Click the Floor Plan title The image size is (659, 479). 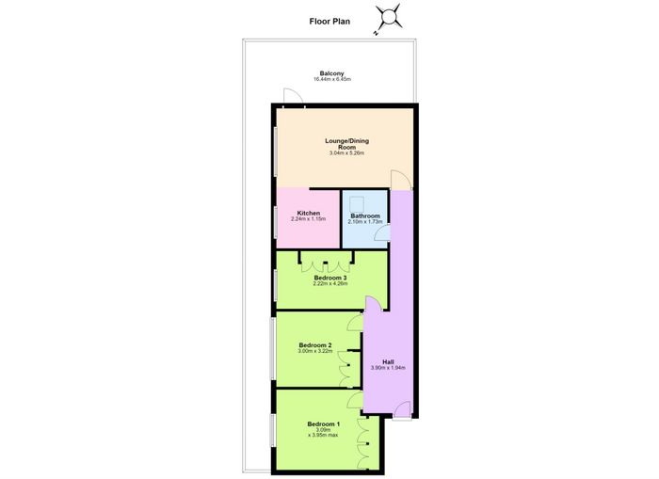click(329, 22)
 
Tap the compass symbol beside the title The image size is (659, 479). click(388, 18)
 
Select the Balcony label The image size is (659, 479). click(331, 73)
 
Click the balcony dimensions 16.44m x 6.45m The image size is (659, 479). click(332, 79)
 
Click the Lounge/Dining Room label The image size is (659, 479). click(346, 144)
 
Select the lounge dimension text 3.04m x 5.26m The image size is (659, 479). click(346, 153)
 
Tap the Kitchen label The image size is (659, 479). click(309, 213)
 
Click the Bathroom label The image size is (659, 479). click(365, 216)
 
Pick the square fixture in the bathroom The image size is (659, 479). click(357, 203)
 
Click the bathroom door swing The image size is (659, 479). click(381, 233)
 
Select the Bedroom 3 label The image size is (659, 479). click(330, 278)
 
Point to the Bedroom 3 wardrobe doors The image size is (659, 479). click(326, 267)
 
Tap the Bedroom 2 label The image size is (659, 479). click(315, 345)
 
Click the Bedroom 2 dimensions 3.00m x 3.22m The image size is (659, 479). click(315, 350)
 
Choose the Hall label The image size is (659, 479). click(388, 361)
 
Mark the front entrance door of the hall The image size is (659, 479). click(402, 409)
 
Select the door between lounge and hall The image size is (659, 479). click(400, 180)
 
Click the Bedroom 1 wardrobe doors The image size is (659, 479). click(362, 443)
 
